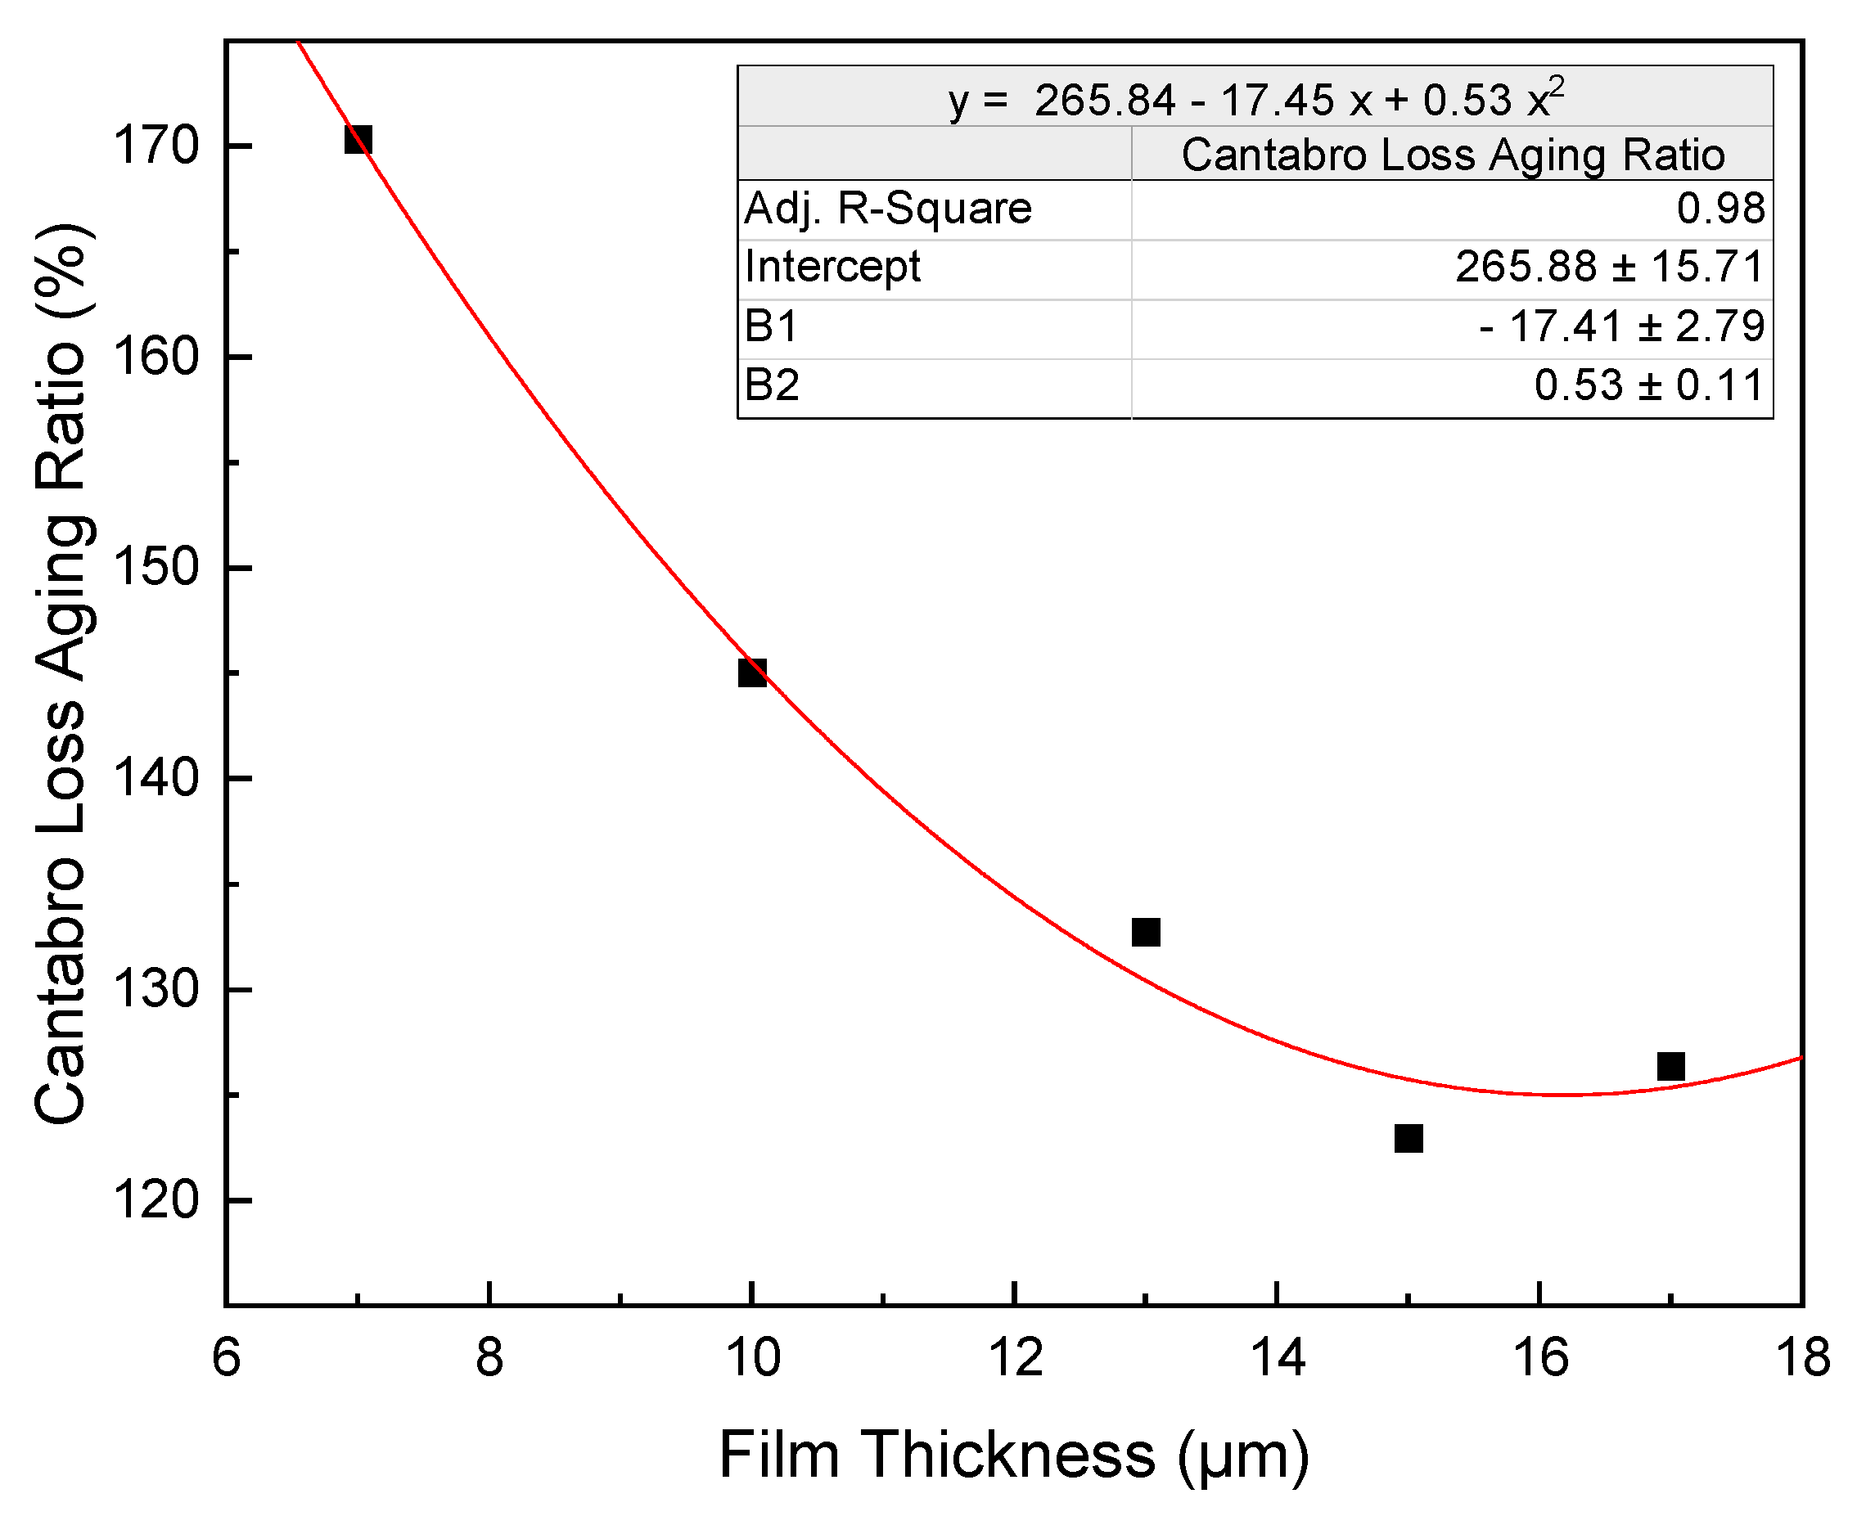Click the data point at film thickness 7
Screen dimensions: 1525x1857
pyautogui.click(x=358, y=139)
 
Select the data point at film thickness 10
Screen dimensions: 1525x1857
pyautogui.click(x=752, y=673)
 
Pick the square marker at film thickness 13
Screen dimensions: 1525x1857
pyautogui.click(x=1146, y=932)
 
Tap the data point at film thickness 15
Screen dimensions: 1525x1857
pyautogui.click(x=1409, y=1139)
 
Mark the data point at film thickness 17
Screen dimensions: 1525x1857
pyautogui.click(x=1670, y=1067)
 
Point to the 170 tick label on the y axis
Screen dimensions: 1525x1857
pyautogui.click(x=156, y=146)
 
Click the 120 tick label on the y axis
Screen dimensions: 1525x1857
pyautogui.click(x=156, y=1200)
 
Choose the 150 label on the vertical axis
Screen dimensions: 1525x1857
pyautogui.click(x=156, y=568)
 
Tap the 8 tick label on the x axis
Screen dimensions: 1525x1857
pyautogui.click(x=489, y=1357)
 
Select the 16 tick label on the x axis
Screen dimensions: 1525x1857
pyautogui.click(x=1539, y=1357)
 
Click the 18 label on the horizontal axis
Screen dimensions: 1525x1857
pyautogui.click(x=1802, y=1357)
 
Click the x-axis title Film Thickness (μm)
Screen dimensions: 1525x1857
pyautogui.click(x=1014, y=1455)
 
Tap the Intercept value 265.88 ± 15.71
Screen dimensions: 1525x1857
pyautogui.click(x=1609, y=267)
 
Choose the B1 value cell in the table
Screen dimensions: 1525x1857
pyautogui.click(x=1621, y=326)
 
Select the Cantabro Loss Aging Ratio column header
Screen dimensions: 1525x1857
pyautogui.click(x=1452, y=155)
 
